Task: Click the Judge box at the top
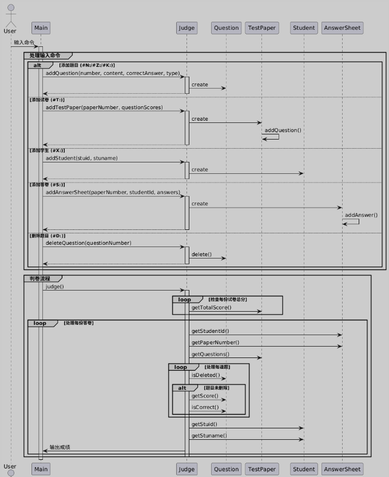(186, 27)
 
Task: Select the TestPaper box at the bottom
(261, 469)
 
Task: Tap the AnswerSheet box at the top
(342, 27)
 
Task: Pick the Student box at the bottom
(303, 469)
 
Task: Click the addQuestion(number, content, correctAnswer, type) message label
(112, 73)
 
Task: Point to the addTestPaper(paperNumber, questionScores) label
(104, 108)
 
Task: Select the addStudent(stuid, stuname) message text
(82, 158)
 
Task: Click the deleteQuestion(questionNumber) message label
(89, 243)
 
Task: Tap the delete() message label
(201, 255)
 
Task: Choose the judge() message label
(55, 287)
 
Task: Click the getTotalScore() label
(212, 308)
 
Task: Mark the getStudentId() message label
(210, 331)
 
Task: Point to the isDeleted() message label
(205, 375)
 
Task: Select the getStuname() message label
(209, 435)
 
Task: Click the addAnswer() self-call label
(361, 215)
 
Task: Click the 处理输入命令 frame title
(45, 55)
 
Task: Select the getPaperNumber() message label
(215, 343)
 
